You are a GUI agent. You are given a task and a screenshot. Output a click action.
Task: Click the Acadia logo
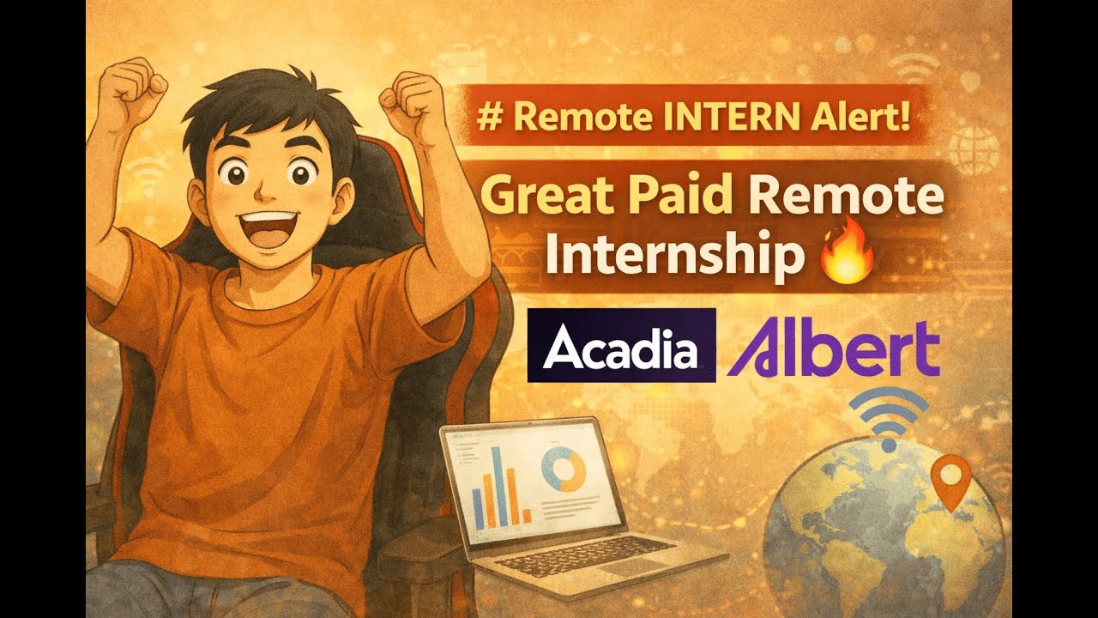[621, 345]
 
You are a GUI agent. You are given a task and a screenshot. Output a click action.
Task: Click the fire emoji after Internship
[847, 257]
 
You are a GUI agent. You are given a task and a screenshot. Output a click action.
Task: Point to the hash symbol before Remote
[492, 118]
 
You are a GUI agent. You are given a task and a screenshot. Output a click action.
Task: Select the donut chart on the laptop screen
[564, 469]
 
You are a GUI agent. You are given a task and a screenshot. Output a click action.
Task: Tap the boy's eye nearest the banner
[299, 176]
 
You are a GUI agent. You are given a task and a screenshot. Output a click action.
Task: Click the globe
[884, 532]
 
